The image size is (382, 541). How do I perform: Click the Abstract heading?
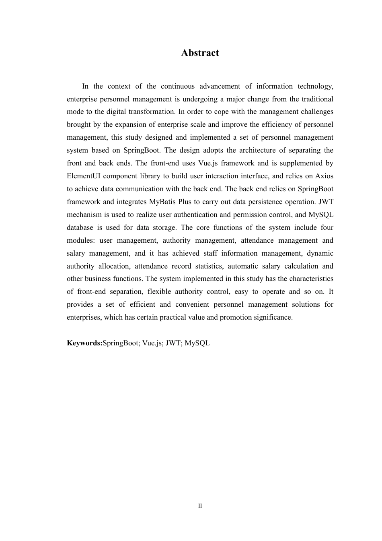[x=200, y=53]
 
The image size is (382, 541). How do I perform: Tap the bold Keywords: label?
[x=84, y=343]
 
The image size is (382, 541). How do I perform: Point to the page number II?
[x=200, y=506]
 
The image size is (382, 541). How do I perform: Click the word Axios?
[x=324, y=176]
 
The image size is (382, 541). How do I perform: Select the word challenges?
[x=314, y=112]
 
